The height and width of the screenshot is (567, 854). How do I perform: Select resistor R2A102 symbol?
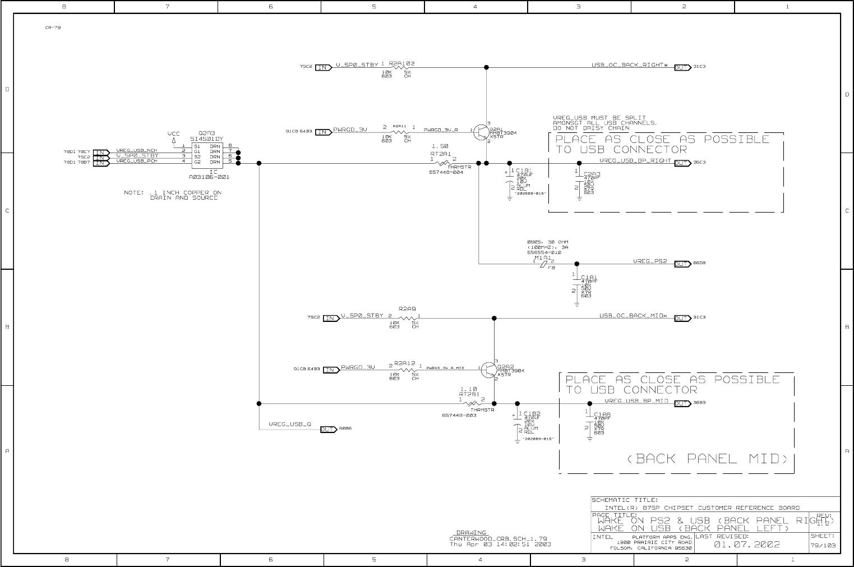pyautogui.click(x=401, y=68)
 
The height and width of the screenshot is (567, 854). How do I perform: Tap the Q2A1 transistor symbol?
pyautogui.click(x=481, y=132)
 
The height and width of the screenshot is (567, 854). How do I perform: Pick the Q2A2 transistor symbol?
pyautogui.click(x=489, y=369)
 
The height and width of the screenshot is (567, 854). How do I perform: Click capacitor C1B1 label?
pyautogui.click(x=523, y=170)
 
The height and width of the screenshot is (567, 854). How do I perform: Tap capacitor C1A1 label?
pyautogui.click(x=589, y=277)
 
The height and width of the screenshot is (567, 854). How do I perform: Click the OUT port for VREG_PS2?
pyautogui.click(x=682, y=264)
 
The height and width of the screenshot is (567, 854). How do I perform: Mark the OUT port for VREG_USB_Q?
pyautogui.click(x=327, y=430)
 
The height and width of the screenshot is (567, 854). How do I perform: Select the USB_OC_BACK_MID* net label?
pyautogui.click(x=633, y=316)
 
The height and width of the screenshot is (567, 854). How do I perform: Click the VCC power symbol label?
pyautogui.click(x=174, y=133)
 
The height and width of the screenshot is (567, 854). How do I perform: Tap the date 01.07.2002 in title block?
pyautogui.click(x=746, y=544)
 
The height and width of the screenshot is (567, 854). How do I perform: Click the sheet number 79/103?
pyautogui.click(x=823, y=545)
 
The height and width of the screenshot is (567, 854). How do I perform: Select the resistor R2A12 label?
pyautogui.click(x=404, y=363)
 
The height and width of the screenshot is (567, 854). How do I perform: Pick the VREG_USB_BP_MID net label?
pyautogui.click(x=636, y=401)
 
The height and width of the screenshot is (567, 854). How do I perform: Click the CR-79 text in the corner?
pyautogui.click(x=53, y=27)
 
